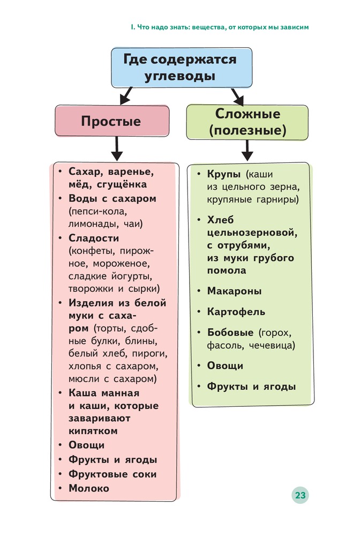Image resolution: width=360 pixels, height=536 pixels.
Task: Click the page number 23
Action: tap(300, 495)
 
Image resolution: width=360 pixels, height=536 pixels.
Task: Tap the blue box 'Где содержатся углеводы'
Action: tap(180, 68)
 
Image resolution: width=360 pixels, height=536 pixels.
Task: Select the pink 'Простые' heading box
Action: tap(111, 121)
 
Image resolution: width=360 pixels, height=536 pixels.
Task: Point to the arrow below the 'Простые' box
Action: tap(116, 147)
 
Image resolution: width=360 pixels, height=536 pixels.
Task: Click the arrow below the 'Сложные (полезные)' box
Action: tap(247, 150)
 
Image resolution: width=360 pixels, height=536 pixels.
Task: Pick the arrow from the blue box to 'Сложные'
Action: tap(237, 96)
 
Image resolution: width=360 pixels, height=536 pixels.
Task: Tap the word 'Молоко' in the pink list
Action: tap(89, 488)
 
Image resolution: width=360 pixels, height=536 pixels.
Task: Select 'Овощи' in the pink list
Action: tap(87, 445)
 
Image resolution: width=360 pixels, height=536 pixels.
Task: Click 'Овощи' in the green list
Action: tap(226, 366)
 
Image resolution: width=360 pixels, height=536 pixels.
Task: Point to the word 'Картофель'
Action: tap(236, 311)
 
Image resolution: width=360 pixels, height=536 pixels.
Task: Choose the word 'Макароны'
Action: tap(235, 291)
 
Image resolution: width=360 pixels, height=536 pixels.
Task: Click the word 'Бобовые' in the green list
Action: tap(230, 332)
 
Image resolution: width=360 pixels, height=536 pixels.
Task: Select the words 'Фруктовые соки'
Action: tap(112, 474)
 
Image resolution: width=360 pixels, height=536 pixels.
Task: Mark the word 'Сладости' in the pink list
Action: tap(94, 238)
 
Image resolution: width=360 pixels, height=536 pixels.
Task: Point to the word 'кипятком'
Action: tap(93, 430)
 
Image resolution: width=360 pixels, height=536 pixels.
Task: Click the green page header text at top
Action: tap(220, 26)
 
